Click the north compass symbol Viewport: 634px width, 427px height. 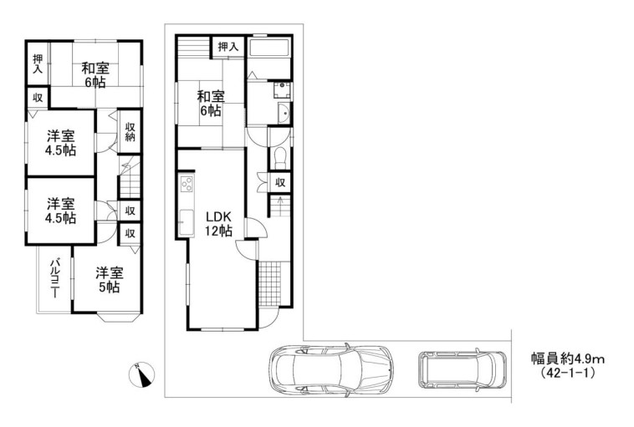[x=141, y=374]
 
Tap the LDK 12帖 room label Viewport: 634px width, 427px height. [x=218, y=224]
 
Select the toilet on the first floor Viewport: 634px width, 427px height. [x=280, y=158]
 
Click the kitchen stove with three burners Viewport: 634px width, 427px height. [x=187, y=186]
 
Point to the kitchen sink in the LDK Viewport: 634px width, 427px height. [x=187, y=222]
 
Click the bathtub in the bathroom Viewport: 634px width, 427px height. [x=268, y=48]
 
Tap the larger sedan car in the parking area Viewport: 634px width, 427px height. [x=330, y=371]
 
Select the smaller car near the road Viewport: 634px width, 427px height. [x=463, y=369]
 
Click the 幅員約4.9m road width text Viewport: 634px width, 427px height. [x=568, y=358]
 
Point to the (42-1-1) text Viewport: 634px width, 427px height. [x=568, y=373]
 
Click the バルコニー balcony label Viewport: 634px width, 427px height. [x=54, y=278]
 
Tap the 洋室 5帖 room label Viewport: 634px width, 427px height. [x=109, y=280]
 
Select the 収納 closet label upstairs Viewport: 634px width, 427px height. [x=130, y=132]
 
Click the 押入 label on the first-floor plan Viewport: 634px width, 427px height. [x=228, y=47]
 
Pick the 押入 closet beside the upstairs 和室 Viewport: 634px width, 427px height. [x=38, y=64]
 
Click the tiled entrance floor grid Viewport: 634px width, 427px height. [x=269, y=283]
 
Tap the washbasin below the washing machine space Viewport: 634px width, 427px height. [x=284, y=113]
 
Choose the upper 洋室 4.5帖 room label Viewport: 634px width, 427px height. [x=61, y=143]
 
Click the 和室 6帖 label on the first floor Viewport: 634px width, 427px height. [x=210, y=104]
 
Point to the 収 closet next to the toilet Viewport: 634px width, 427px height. [x=280, y=183]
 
